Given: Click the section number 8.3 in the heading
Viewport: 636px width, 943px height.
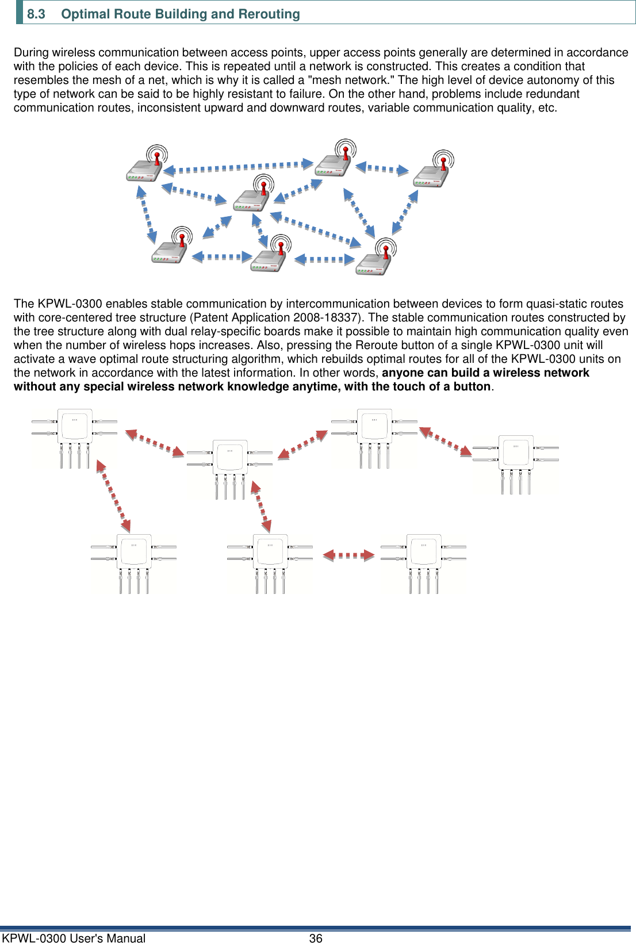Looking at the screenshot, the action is (36, 14).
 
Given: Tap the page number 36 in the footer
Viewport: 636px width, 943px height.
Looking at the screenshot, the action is (316, 938).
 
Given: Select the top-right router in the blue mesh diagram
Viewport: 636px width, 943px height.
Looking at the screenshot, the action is (434, 170).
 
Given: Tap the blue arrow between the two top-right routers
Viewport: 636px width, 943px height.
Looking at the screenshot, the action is (382, 168).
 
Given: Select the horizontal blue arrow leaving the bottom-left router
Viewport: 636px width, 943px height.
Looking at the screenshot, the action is (223, 257).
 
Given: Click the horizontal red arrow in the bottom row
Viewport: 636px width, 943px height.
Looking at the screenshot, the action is (348, 555).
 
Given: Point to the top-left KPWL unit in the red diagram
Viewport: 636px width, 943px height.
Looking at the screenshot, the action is (75, 437).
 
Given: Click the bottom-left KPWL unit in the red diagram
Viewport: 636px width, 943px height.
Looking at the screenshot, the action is (133, 562).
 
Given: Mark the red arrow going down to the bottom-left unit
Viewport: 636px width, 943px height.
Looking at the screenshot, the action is (113, 495).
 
